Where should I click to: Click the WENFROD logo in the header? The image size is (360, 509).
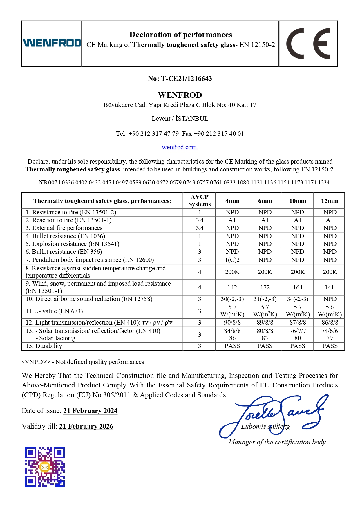(52, 43)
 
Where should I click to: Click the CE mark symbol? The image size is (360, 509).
(308, 44)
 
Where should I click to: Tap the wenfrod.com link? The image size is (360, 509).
(180, 147)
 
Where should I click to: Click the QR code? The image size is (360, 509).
(45, 467)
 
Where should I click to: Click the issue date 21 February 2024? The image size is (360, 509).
(90, 411)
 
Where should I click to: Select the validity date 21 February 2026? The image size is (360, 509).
(86, 426)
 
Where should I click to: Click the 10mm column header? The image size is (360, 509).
(297, 201)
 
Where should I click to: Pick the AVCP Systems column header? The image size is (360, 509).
(199, 200)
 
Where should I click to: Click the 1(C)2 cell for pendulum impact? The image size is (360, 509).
(232, 260)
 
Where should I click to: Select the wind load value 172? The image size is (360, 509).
(265, 287)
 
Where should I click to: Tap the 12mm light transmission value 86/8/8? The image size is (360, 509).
(330, 323)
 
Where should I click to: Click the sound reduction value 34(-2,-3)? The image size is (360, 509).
(297, 299)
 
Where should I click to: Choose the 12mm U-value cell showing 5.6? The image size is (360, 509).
(330, 311)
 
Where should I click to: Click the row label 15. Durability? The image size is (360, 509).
(44, 346)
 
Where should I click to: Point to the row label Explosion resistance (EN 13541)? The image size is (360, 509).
(73, 244)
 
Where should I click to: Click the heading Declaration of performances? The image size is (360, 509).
(180, 35)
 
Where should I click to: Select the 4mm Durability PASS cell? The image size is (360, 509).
(232, 346)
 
